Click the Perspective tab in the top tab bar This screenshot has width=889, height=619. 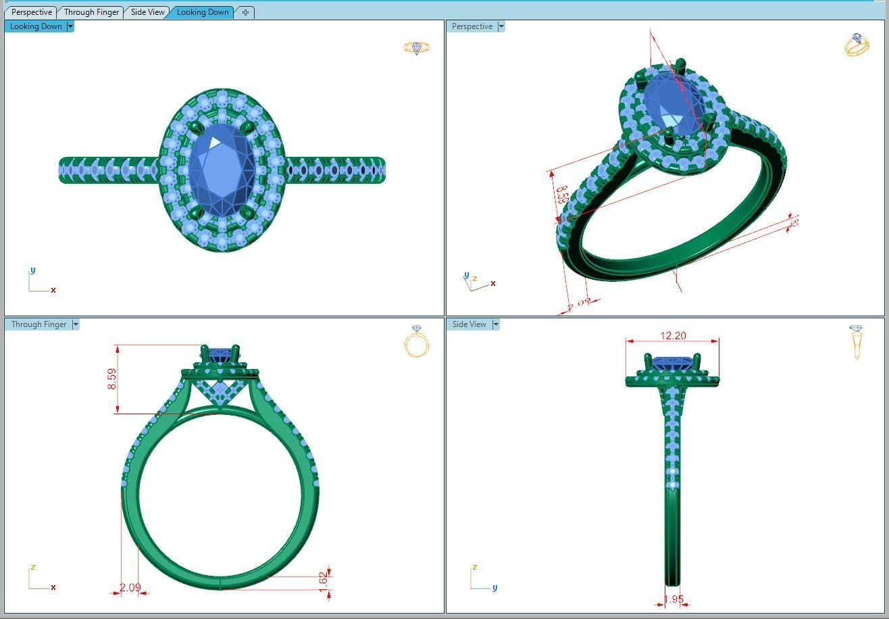coord(31,12)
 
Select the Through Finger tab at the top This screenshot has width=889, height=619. coord(91,12)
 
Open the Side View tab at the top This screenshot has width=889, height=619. coord(147,12)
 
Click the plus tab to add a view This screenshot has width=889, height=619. coord(245,12)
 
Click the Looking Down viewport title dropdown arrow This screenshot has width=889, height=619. coord(70,26)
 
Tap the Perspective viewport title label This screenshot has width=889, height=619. coord(472,26)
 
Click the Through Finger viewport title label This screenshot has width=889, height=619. coord(39,324)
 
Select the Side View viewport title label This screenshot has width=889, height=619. coord(469,324)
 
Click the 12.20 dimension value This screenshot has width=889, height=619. coord(672,335)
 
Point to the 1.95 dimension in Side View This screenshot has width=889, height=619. coord(674,599)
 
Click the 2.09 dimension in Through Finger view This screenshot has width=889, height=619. coord(130,587)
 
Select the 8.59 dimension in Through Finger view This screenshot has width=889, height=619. coord(112,378)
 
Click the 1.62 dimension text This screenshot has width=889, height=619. coord(323,579)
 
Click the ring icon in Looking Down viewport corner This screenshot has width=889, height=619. coord(416,48)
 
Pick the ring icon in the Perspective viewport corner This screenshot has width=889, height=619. coord(857,45)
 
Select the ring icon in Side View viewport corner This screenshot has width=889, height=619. coord(857,342)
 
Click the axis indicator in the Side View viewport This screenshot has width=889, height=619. coord(481,580)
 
